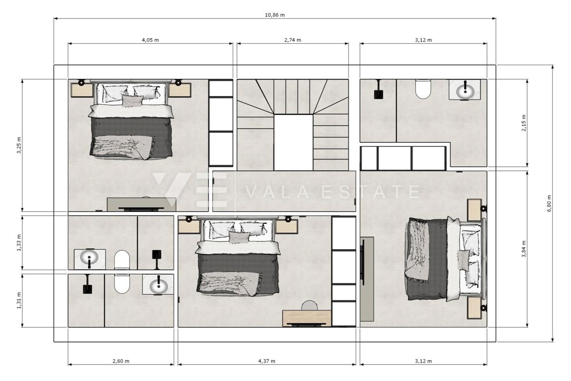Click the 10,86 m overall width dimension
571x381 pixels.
click(x=275, y=15)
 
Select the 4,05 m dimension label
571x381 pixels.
click(x=150, y=40)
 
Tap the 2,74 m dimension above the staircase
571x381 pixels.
click(x=293, y=40)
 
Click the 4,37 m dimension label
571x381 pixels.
click(x=266, y=361)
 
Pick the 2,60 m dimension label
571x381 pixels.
click(x=121, y=361)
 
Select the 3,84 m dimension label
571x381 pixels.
click(x=523, y=249)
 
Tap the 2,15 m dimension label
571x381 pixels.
click(x=523, y=123)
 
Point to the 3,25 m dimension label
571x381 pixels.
click(x=19, y=145)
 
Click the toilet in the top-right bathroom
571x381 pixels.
click(x=423, y=89)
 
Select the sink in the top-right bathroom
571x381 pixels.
click(x=464, y=90)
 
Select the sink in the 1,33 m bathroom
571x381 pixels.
click(x=89, y=259)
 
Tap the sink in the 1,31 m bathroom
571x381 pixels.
click(x=158, y=286)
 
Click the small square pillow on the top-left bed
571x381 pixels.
click(x=132, y=100)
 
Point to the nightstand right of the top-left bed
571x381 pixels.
click(x=180, y=90)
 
